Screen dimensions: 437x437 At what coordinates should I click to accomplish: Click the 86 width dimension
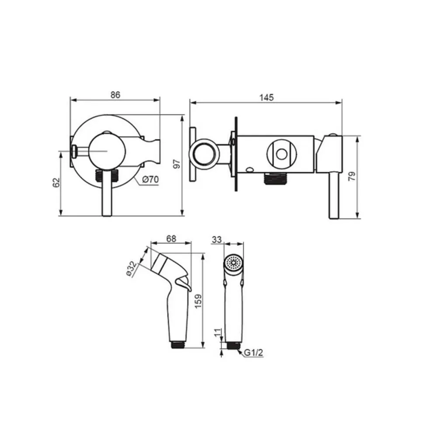tap(115, 95)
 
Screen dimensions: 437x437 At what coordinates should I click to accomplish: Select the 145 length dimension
tap(267, 97)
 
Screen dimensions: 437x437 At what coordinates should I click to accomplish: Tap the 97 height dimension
tap(177, 164)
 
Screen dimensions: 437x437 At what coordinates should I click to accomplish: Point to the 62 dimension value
tap(56, 183)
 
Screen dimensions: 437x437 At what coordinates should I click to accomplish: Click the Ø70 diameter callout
tap(150, 180)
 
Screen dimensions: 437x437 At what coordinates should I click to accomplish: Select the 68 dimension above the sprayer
tap(171, 239)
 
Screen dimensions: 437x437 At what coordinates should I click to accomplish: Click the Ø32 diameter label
tap(132, 268)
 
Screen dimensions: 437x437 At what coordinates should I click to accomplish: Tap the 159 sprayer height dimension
tap(198, 301)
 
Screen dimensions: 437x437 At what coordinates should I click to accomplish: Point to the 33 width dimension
tap(217, 239)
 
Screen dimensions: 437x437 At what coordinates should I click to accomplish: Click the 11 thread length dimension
tap(218, 333)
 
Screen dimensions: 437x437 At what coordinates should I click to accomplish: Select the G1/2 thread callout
tap(253, 353)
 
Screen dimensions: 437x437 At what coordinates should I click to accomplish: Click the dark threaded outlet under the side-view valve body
tap(274, 179)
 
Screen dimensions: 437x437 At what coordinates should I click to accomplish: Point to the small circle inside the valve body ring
tap(282, 154)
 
